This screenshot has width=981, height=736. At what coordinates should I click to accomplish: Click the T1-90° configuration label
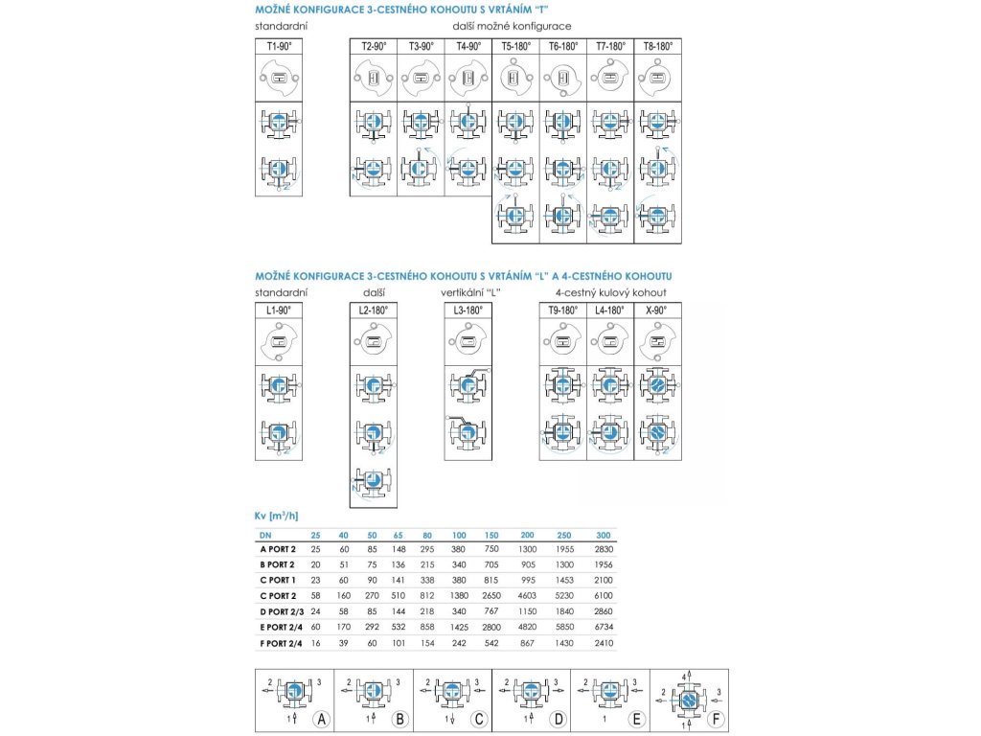[x=278, y=46]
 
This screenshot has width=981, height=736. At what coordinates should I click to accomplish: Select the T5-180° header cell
[x=515, y=46]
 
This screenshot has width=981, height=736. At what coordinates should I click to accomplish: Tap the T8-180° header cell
[x=658, y=46]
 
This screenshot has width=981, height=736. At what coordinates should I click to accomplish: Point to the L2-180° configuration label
[x=373, y=310]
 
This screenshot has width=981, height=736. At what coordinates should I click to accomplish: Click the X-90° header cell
[x=657, y=310]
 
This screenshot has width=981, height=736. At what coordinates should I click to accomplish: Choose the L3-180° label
[x=468, y=310]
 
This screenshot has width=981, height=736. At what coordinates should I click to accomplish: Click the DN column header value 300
[x=602, y=535]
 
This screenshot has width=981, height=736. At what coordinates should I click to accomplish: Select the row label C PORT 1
[x=278, y=580]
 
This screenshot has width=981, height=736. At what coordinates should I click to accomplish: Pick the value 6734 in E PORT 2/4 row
[x=602, y=626]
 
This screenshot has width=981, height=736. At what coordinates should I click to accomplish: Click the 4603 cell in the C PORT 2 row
[x=527, y=595]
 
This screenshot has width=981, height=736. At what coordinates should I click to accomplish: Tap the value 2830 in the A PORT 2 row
[x=602, y=549]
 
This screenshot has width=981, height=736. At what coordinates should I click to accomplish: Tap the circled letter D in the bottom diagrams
[x=556, y=718]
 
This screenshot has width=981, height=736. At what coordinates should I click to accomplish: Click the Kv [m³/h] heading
[x=278, y=516]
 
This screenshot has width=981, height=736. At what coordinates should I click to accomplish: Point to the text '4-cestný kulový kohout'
[x=610, y=291]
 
